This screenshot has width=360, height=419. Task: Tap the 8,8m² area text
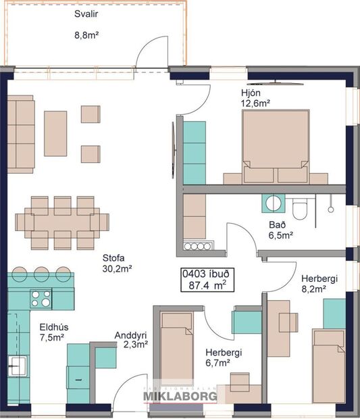[x=86, y=39]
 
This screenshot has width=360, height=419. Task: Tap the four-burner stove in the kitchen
[x=41, y=297]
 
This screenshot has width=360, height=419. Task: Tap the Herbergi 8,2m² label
[x=313, y=282]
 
